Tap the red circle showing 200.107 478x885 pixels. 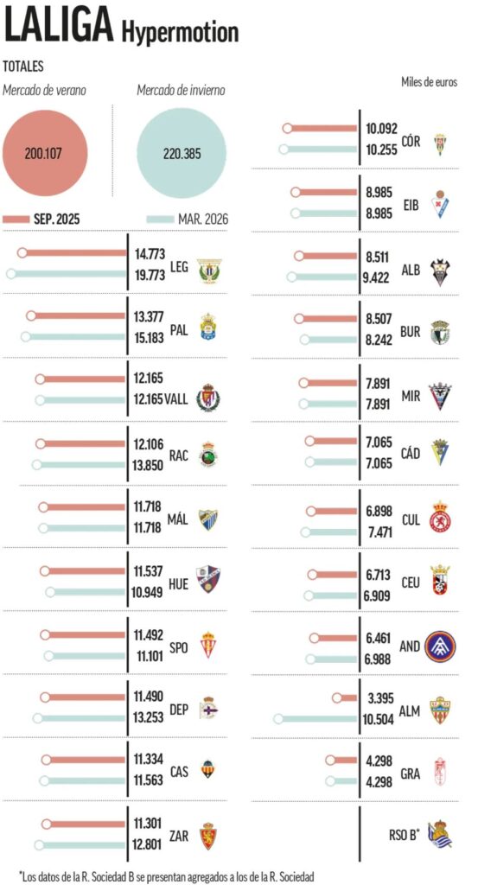point(44,153)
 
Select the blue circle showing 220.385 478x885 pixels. point(182,153)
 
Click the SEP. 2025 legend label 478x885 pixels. point(57,219)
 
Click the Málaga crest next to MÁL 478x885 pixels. point(207,519)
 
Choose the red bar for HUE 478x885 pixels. point(85,571)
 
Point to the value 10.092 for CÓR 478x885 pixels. point(380,128)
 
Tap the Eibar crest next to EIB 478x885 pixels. point(441,202)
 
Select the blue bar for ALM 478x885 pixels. point(317,718)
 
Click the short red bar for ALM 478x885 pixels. point(346,697)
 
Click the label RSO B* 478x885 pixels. point(404,834)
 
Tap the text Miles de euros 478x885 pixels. point(429,82)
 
